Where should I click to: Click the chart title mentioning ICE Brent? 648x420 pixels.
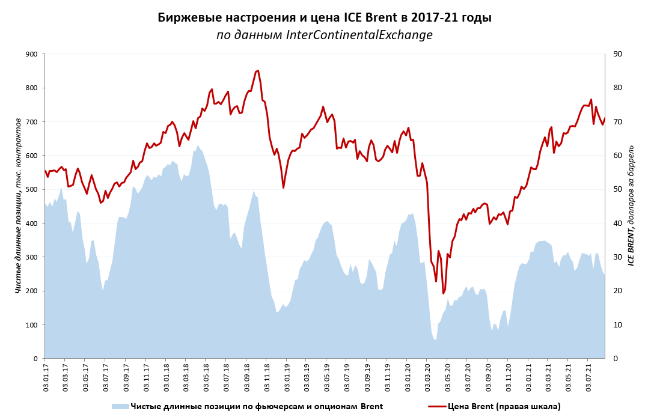[x=324, y=17]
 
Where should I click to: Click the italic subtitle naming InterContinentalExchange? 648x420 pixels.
[x=324, y=35]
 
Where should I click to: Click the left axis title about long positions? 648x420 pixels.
[x=18, y=206]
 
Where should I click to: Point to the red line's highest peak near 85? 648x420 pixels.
[x=257, y=70]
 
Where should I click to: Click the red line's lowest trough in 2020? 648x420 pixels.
[x=443, y=293]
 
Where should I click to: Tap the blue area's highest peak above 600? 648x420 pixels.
[x=197, y=145]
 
